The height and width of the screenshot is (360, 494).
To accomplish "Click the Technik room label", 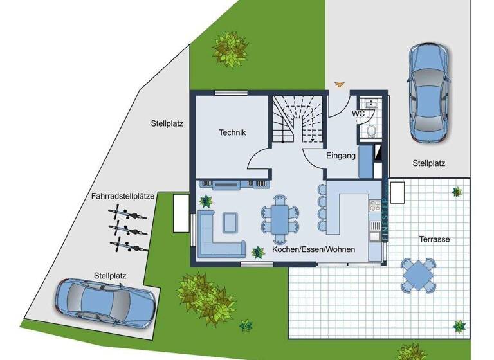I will pos(232,132).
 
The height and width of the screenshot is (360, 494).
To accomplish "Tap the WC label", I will pos(358,113).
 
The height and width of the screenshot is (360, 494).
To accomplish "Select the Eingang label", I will pos(341,156).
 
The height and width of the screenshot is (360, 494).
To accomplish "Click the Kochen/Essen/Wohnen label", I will pos(313,249).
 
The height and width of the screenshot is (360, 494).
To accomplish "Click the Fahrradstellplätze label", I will pos(122,197).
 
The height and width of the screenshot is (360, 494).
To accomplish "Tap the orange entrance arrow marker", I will pos(340,84).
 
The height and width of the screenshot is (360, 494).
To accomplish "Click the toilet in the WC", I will pos(370,130).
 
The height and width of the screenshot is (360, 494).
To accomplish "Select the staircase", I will pos(297,120).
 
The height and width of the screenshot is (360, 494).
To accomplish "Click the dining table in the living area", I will pos(280,215).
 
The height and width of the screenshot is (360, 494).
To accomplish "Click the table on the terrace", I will pos(419,274).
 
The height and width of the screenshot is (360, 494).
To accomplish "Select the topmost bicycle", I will pos(128,213).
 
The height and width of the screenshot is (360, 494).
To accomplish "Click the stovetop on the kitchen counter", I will pos(374,206).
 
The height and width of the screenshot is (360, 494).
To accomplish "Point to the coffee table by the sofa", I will pos(230,222).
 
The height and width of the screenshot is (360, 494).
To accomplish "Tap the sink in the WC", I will pos(370,105).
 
